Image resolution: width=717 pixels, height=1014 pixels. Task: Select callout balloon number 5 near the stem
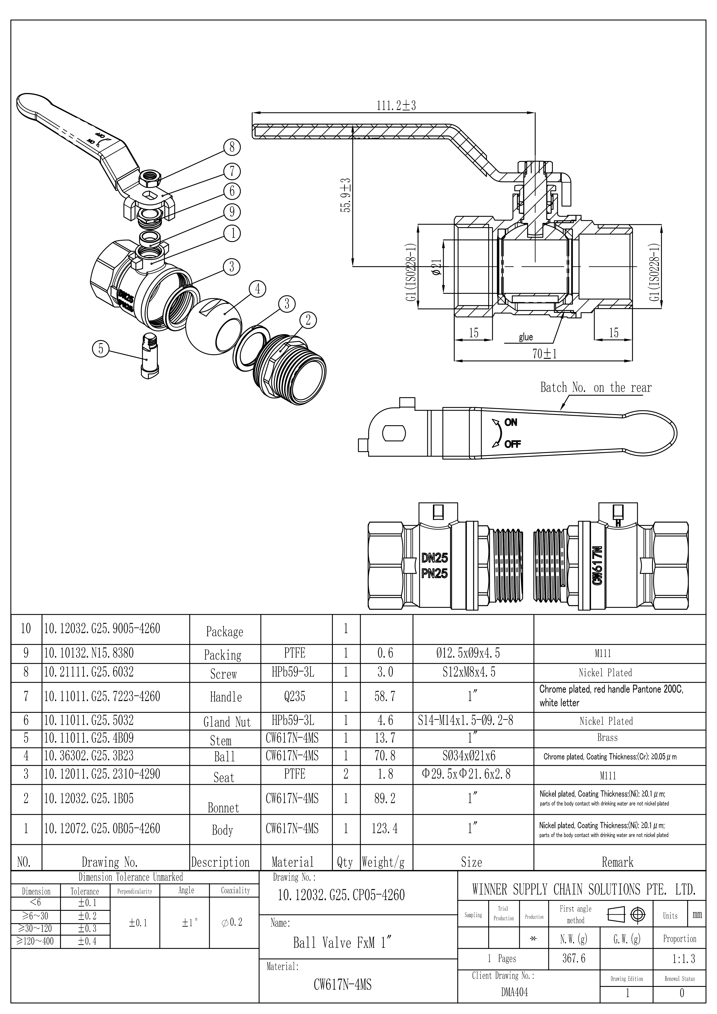[x=101, y=349]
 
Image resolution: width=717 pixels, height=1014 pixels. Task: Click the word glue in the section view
[x=526, y=337]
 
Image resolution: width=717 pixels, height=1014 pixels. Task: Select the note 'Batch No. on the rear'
[x=596, y=388]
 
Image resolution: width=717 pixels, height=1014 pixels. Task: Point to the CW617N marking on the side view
[x=598, y=565]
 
